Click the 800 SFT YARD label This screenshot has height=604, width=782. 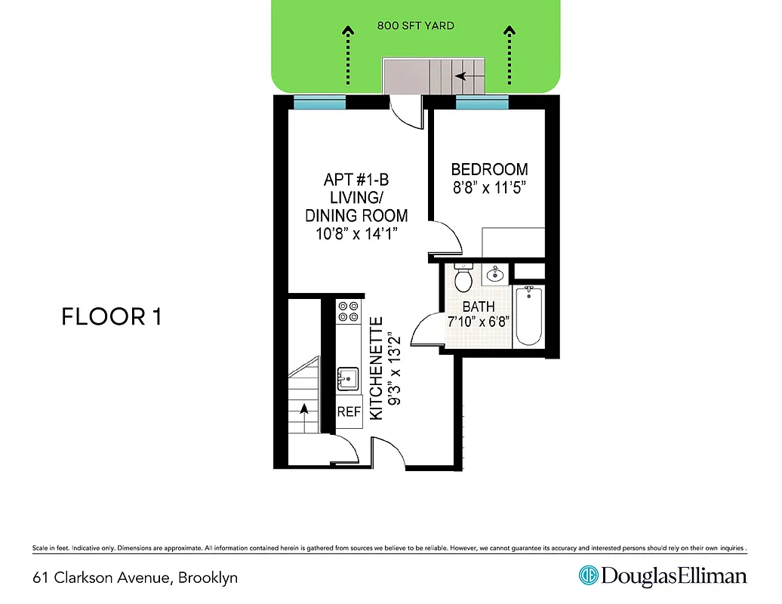point(416,26)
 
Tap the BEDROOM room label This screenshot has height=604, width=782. point(489,170)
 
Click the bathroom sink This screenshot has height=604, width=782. point(494,273)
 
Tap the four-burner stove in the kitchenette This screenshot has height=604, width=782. point(348,312)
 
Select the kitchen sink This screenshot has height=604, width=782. point(348,377)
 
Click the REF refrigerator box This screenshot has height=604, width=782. point(349,412)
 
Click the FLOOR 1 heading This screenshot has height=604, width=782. point(111,317)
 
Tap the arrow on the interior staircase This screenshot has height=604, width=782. point(304,409)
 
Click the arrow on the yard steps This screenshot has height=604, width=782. point(460,75)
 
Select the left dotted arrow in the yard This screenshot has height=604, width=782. point(348,57)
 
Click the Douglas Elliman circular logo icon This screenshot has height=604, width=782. point(588,576)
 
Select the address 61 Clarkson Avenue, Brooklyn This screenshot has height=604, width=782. point(135,578)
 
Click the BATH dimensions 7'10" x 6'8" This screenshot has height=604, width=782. point(479,321)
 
